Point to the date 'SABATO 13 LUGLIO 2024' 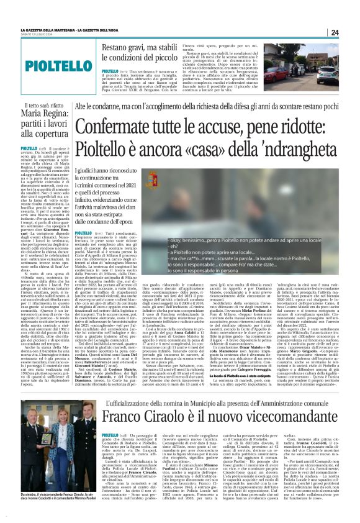tap(35, 35)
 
